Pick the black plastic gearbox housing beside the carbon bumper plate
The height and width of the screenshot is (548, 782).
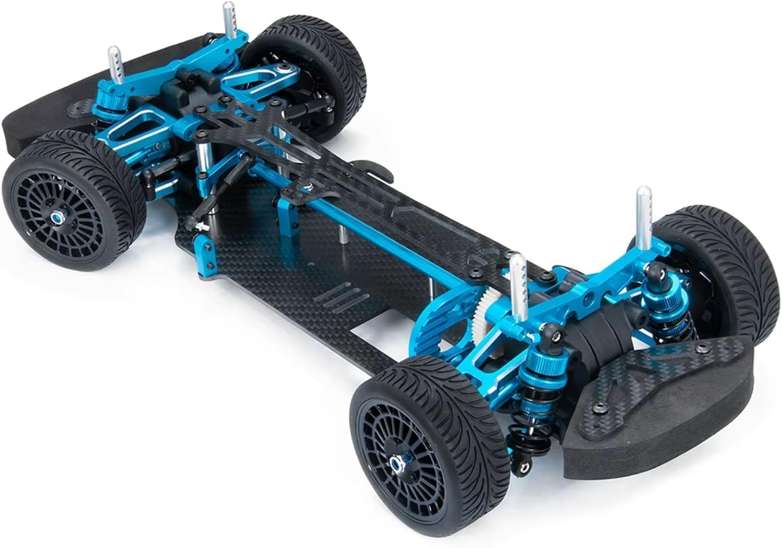[x=600, y=344]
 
